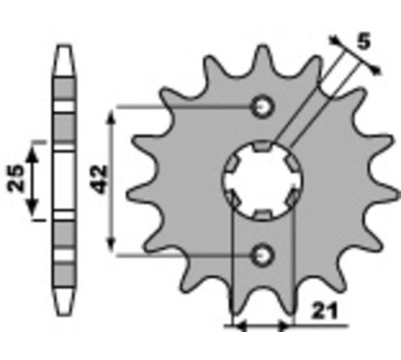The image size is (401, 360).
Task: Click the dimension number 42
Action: click(x=100, y=180)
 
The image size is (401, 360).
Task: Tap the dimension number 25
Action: click(x=16, y=178)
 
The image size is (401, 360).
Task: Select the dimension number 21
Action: click(x=325, y=311)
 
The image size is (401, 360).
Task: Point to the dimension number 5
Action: click(x=363, y=42)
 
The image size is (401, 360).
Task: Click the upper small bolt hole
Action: click(x=263, y=106)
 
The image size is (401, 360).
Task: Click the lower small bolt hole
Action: click(x=263, y=256)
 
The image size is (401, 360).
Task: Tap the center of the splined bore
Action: click(x=263, y=180)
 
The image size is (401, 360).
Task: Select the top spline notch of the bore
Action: click(x=263, y=147)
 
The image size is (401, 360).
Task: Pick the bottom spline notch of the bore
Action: click(x=263, y=214)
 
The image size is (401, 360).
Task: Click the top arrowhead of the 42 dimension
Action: click(x=111, y=115)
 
